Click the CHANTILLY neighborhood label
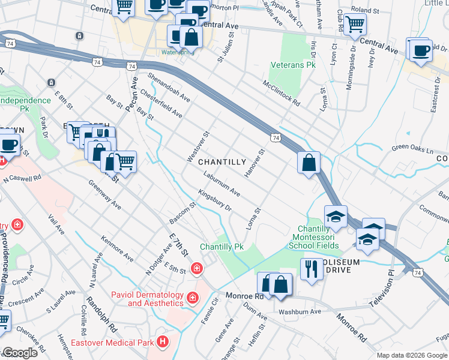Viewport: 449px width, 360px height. tap(221, 162)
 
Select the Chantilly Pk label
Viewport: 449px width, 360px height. tap(221, 247)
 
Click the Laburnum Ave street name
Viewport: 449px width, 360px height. tap(221, 184)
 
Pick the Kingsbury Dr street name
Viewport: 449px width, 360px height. tap(214, 200)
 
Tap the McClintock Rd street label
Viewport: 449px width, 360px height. tap(280, 94)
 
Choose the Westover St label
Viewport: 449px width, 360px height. tap(197, 146)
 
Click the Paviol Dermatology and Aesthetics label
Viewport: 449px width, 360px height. tap(146, 298)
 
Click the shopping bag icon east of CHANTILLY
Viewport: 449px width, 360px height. tap(309, 162)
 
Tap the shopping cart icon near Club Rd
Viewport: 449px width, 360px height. tap(355, 24)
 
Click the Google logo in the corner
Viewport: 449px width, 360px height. tap(19, 353)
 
